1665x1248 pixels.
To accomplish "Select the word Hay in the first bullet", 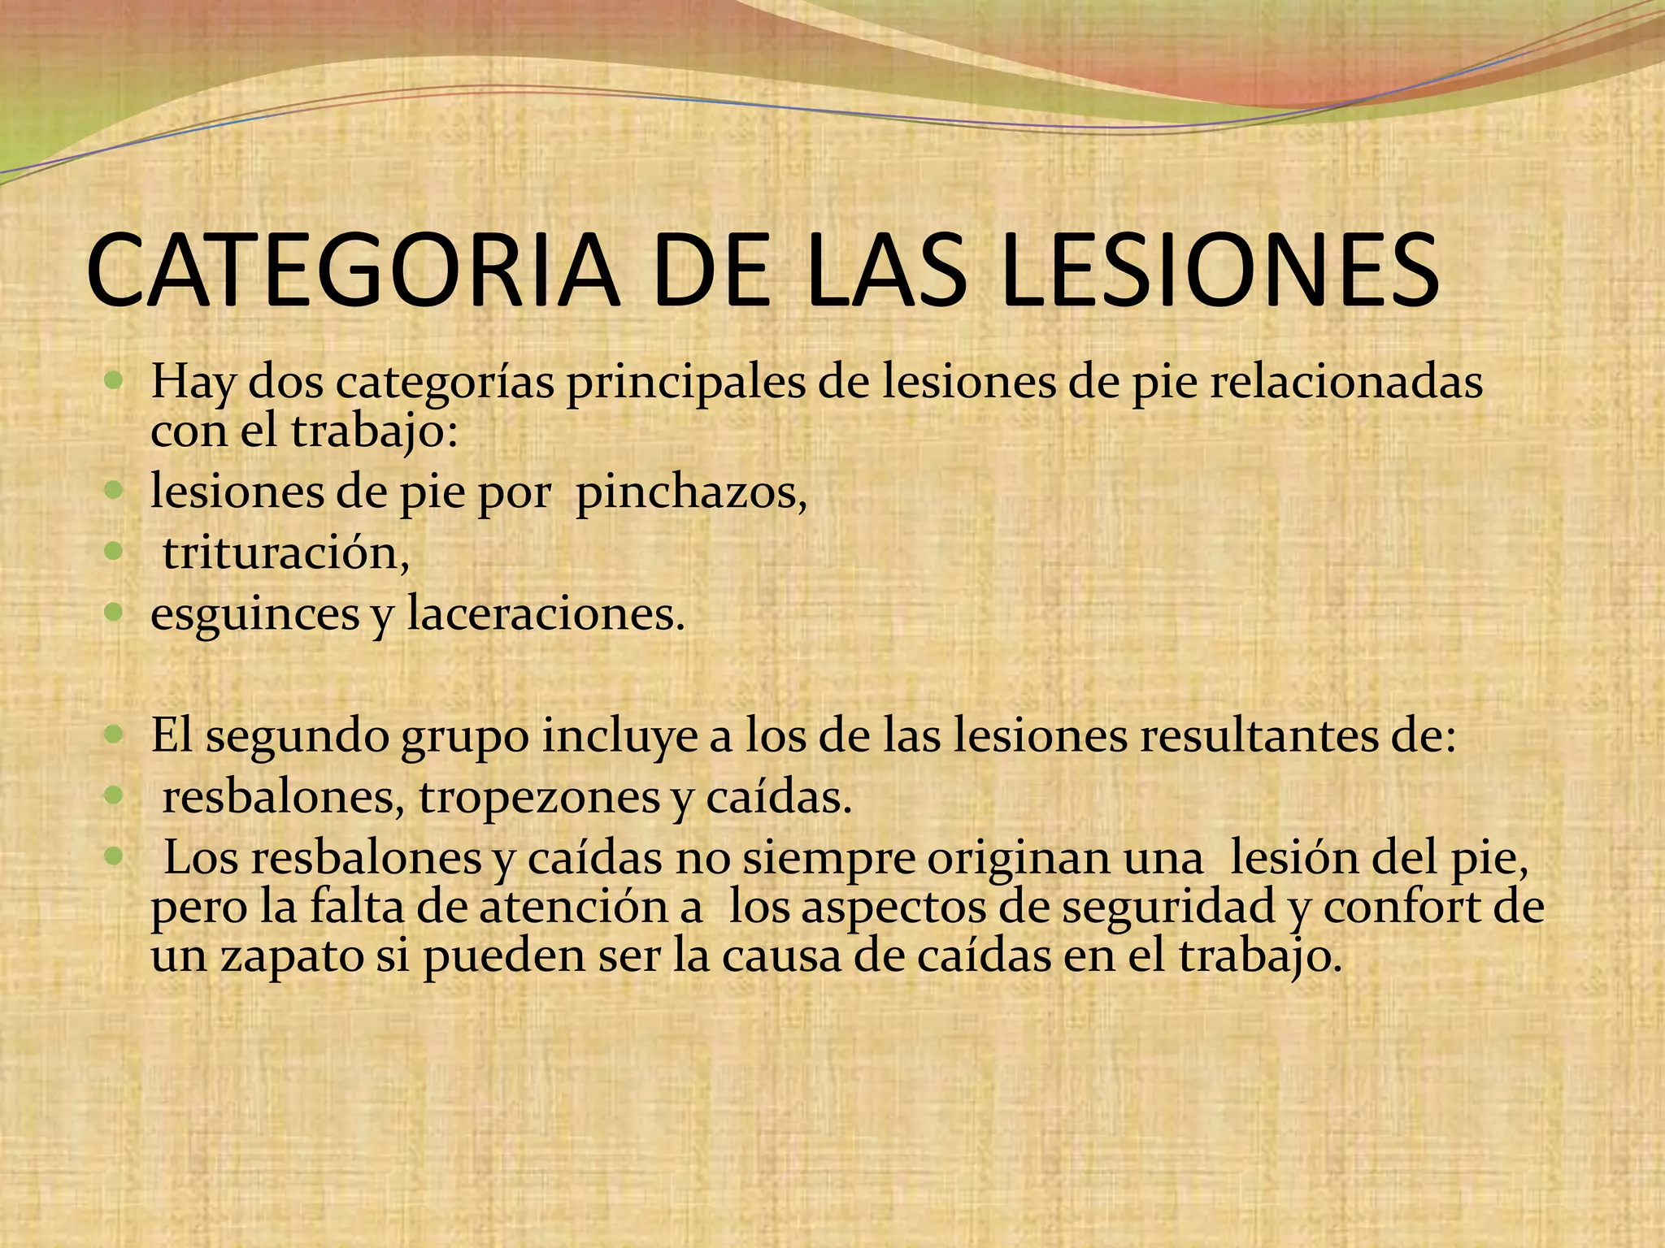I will click(x=193, y=382).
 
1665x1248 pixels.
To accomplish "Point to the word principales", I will click(x=687, y=382).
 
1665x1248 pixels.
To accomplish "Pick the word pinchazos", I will click(x=691, y=492).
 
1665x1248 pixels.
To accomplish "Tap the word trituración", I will click(x=285, y=552).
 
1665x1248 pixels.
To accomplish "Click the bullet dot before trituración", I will click(x=114, y=552).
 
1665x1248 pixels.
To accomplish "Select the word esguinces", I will click(x=254, y=613).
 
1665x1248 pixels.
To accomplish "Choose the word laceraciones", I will click(x=546, y=613).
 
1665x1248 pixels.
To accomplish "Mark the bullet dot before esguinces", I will click(x=114, y=612).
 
